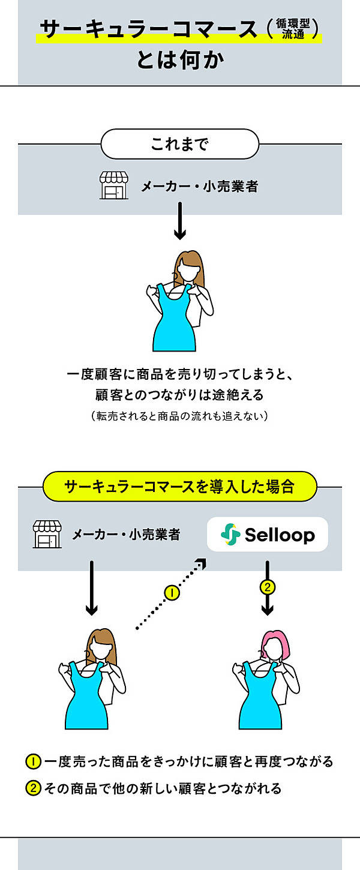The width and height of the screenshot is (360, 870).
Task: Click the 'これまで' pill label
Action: [179, 145]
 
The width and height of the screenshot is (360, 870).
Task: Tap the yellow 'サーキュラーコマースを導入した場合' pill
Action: [179, 486]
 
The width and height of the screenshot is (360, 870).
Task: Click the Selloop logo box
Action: [267, 534]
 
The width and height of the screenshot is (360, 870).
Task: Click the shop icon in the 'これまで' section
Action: [114, 186]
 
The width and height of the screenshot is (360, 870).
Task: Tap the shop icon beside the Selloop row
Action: [47, 534]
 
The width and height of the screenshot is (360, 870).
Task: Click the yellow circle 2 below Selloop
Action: [267, 587]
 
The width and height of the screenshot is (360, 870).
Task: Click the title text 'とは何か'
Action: [179, 60]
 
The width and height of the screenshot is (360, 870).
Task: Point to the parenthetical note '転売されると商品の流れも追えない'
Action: [179, 416]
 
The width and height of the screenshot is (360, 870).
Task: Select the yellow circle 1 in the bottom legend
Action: [32, 762]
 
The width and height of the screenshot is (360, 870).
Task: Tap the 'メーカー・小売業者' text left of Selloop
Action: [126, 534]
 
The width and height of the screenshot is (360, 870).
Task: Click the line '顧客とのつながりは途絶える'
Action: [179, 395]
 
